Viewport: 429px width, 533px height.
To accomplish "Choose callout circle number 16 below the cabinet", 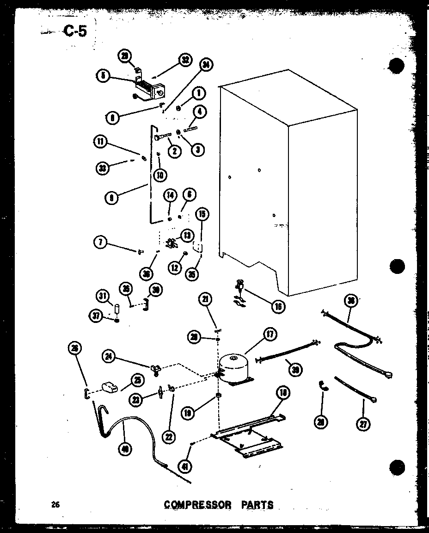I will pos(278,306).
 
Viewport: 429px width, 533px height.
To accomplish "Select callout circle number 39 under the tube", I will pos(294,368).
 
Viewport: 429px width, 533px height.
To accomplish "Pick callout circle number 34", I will pos(205,66).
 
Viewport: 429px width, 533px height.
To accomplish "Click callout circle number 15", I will pos(202,214).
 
